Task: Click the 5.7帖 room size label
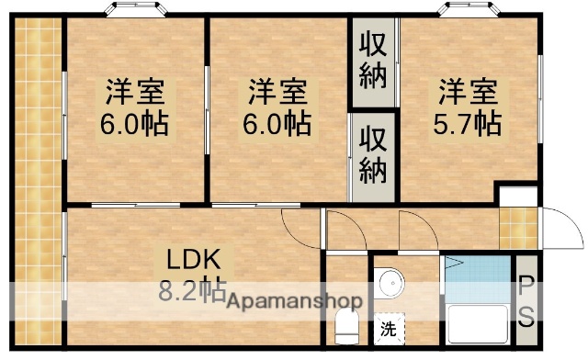[x=468, y=122]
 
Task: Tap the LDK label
[x=188, y=258]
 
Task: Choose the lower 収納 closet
[x=373, y=155]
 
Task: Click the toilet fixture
[x=346, y=324]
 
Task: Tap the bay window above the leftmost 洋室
[x=136, y=10]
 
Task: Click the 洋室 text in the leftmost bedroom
[x=134, y=92]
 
